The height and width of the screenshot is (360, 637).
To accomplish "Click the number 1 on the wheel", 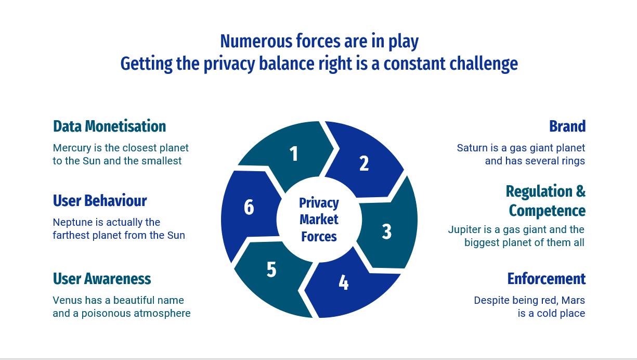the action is tap(294, 154).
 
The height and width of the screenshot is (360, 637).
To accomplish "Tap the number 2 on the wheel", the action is tap(364, 163).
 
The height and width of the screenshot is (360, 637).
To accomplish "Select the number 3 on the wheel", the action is tap(386, 232).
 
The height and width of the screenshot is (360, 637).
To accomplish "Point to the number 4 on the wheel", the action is tap(343, 282).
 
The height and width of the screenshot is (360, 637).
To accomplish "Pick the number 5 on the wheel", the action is tap(271, 270).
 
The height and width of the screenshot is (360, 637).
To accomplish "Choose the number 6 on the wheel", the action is tap(249, 208).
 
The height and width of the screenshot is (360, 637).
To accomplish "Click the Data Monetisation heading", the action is tap(109, 126).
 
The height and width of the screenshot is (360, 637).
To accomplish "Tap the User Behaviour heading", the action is tap(100, 201).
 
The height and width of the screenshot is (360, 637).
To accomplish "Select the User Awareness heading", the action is tap(102, 279).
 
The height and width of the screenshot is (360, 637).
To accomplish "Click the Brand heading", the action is tap(567, 126).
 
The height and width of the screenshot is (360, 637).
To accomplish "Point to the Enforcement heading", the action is tap(547, 279).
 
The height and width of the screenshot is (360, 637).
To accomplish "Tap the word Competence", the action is tap(547, 211).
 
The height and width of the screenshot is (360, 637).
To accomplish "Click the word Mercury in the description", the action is tap(70, 148).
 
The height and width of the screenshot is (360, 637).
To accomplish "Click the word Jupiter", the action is tap(464, 230).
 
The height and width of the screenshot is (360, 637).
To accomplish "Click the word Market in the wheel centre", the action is tap(319, 220).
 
